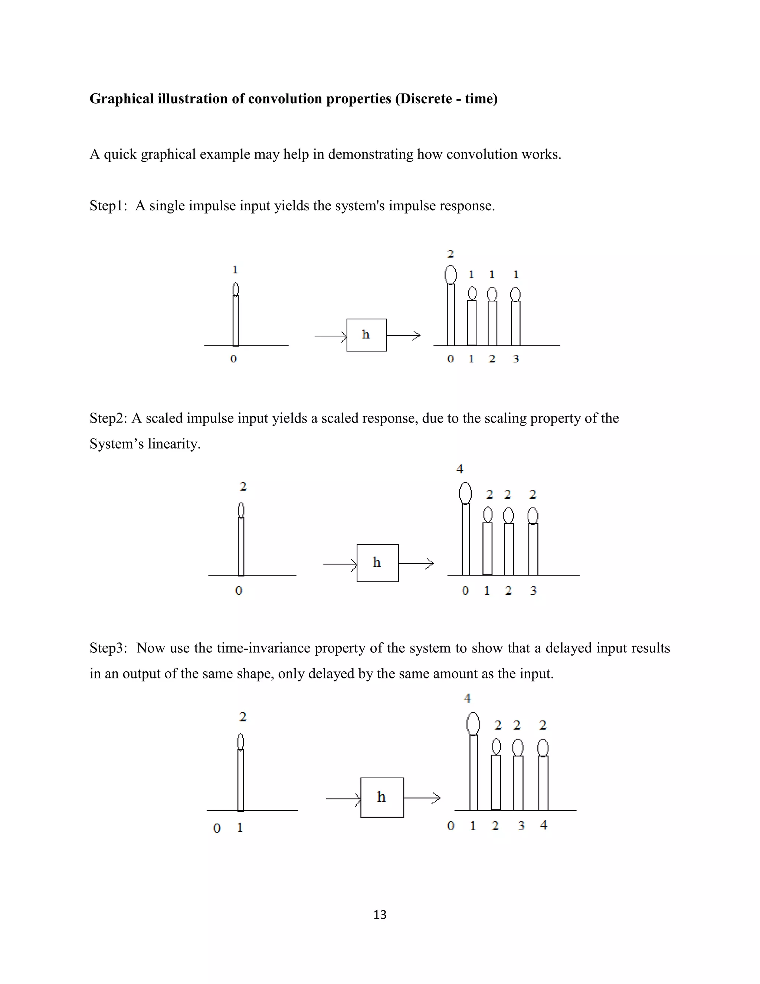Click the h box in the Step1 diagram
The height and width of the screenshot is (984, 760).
(366, 335)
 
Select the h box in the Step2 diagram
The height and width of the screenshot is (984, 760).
(377, 563)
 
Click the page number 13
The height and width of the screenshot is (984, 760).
(380, 915)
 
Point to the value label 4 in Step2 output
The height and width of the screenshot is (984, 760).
(460, 469)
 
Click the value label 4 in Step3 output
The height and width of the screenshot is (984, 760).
(467, 698)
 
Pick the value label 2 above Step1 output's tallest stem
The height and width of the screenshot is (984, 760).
(450, 254)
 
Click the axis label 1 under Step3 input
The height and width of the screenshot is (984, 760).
(240, 828)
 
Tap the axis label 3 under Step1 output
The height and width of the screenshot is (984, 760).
(516, 359)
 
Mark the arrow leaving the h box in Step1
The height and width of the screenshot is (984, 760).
(403, 335)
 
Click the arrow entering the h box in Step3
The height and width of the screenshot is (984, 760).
(343, 799)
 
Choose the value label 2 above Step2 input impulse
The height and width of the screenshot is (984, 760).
(243, 486)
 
